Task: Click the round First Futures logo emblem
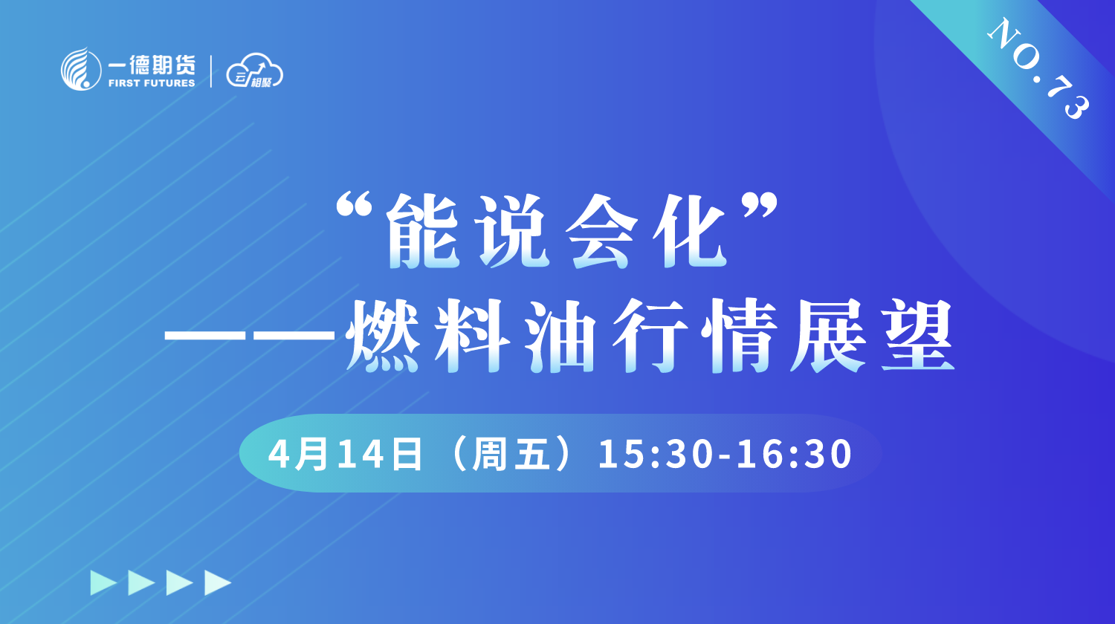pos(81,70)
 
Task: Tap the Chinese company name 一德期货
pos(152,65)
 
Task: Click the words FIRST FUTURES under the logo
pos(152,83)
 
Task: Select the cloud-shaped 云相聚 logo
pos(254,71)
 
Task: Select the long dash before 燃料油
pos(249,334)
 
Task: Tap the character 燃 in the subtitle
pos(382,335)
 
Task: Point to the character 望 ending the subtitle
pos(917,335)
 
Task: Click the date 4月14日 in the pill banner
pos(346,454)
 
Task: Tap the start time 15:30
pos(655,455)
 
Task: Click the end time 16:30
pos(795,455)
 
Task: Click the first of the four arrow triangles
pos(103,582)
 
